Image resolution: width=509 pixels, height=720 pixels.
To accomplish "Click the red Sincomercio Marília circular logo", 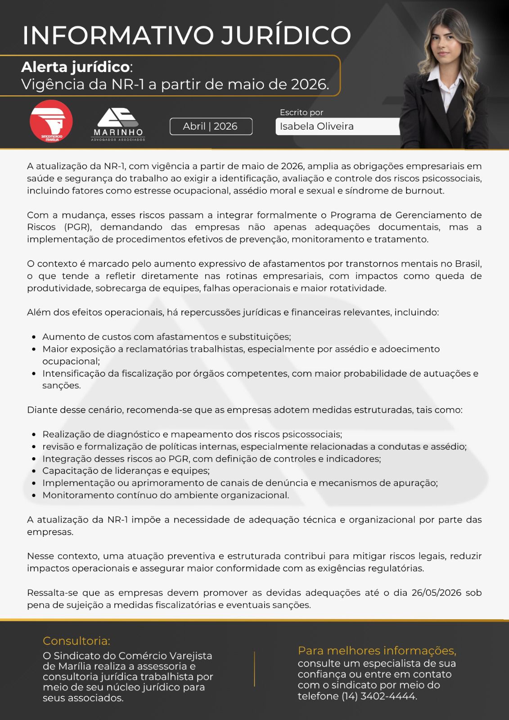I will point(51,121).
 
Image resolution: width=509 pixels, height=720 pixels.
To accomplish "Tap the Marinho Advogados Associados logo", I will point(118,124).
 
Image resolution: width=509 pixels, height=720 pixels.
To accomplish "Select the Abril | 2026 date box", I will point(211,126).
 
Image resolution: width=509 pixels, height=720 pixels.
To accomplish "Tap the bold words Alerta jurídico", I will point(75,67).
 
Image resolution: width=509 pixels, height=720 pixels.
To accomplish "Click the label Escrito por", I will point(301,112).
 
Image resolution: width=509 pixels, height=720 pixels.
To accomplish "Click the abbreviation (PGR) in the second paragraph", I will point(78,227).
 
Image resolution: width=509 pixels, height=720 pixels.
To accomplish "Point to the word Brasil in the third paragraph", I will point(468,264).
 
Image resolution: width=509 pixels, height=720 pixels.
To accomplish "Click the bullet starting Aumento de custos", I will point(167,337).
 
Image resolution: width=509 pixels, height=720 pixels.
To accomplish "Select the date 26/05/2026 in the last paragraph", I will point(436,593).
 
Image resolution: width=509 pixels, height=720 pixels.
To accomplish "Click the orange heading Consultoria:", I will point(76,641).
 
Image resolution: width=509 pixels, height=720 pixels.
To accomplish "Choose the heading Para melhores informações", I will point(377,651).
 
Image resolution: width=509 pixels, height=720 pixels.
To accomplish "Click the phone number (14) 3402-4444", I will point(378,696).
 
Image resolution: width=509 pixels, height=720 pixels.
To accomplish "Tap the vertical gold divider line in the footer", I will point(255,669).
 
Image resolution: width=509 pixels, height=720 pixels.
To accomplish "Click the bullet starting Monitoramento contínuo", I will point(166,495).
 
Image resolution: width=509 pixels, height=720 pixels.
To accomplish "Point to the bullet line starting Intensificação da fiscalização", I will point(260,373).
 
